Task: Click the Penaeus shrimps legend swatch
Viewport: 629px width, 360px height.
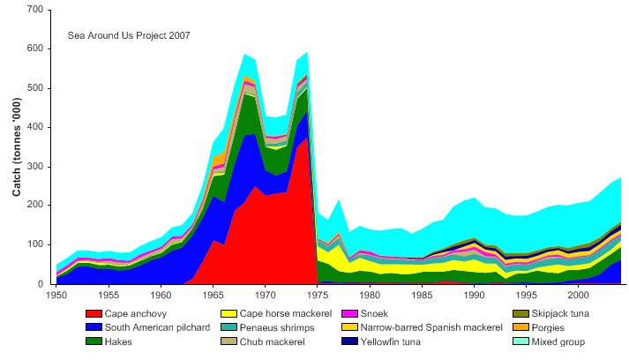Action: coord(228,326)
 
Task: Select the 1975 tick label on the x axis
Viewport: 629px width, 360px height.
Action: coord(317,295)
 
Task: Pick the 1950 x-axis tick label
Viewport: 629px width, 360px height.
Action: coord(56,295)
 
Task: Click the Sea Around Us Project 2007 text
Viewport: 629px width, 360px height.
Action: coord(129,36)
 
